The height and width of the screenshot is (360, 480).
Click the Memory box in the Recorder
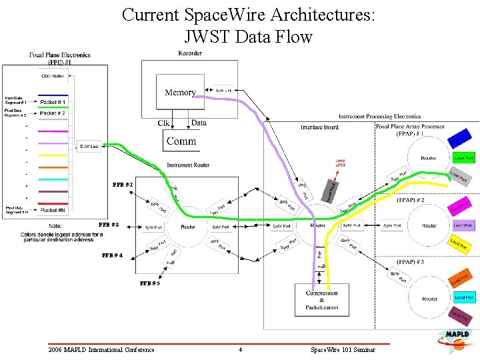pos(180,93)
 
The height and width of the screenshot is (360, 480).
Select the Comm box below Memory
pos(181,140)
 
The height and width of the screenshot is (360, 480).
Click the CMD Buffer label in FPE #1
pos(53,76)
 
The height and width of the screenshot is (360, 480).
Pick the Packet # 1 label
pos(53,102)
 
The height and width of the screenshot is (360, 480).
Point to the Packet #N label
pos(53,210)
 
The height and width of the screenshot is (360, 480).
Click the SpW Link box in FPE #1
pos(89,147)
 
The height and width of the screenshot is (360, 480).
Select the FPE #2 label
pos(123,184)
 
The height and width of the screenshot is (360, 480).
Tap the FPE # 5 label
pos(149,284)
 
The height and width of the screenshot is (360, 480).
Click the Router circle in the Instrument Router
pos(188,226)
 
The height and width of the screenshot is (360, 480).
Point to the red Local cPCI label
pos(340,162)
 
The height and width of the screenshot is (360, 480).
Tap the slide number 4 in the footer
pos(240,350)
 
